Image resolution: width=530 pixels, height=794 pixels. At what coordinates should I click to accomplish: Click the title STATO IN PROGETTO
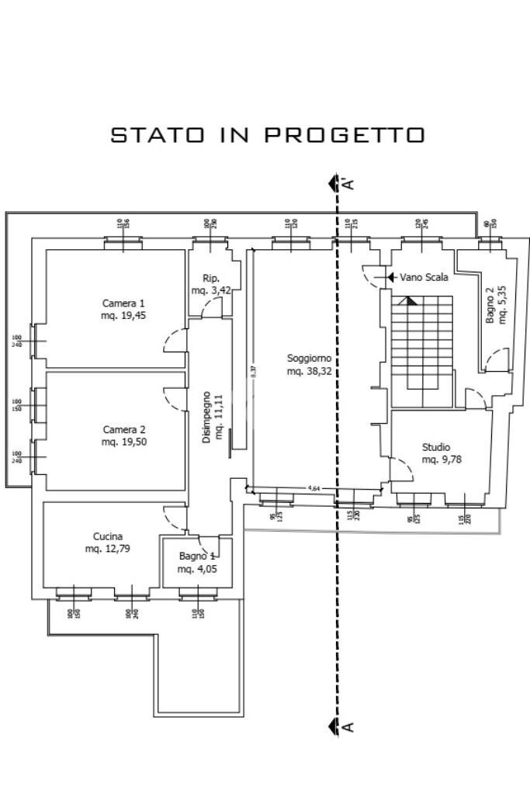[268, 134]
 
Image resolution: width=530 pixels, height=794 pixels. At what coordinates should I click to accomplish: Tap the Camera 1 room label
[123, 303]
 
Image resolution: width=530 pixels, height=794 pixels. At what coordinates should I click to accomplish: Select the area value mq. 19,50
[123, 442]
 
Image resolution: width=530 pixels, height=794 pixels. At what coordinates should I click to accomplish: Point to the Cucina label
[108, 536]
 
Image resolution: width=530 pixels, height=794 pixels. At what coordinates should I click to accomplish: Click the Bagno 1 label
[197, 556]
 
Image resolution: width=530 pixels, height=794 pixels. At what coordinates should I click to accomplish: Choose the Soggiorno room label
[309, 358]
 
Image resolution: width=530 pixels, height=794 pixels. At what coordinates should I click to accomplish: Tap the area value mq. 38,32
[309, 371]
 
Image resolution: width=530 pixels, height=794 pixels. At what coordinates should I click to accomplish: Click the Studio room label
[435, 447]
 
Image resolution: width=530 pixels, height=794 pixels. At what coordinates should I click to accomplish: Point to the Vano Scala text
[424, 276]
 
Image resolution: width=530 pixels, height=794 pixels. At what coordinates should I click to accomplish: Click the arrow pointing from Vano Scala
[392, 276]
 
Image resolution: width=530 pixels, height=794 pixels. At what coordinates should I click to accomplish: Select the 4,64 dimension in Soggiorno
[314, 488]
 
